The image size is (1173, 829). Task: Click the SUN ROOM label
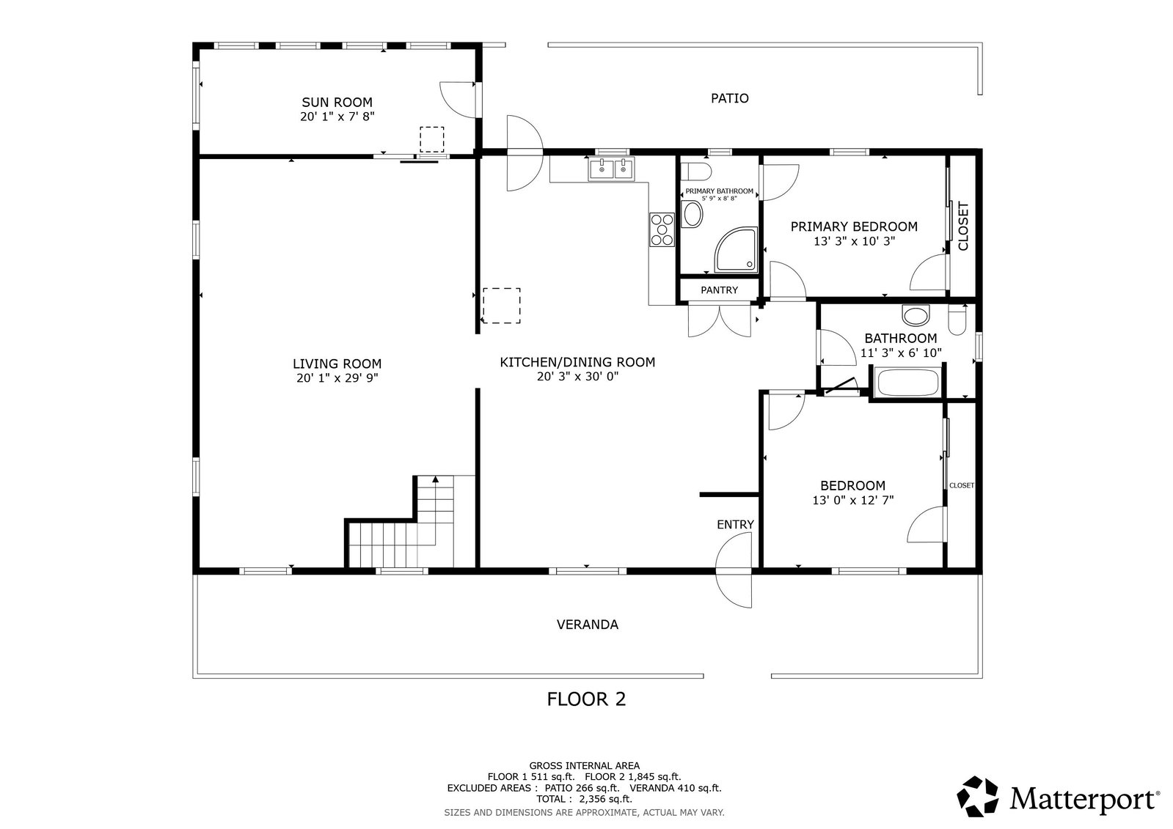(x=337, y=102)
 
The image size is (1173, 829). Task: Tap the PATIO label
(x=729, y=98)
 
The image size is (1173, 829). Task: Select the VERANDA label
(x=587, y=624)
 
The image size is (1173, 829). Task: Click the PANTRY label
(x=719, y=290)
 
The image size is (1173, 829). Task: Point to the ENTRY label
(x=735, y=524)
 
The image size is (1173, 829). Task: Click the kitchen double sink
(x=611, y=169)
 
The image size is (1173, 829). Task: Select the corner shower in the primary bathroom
(x=736, y=250)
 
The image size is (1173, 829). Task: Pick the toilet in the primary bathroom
(x=695, y=171)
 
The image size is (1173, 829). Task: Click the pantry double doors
(x=720, y=320)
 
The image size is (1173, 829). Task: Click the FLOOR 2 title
(x=586, y=699)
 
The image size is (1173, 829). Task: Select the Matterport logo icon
(x=978, y=796)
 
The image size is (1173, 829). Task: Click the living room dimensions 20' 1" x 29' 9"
(x=337, y=378)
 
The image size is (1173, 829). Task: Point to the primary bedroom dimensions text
(x=854, y=241)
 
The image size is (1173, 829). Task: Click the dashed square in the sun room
(x=431, y=139)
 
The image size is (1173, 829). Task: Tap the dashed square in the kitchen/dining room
(x=501, y=306)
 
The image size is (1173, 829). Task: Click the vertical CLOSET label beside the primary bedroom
(x=963, y=226)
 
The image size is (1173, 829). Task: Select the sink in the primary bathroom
(x=693, y=214)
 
